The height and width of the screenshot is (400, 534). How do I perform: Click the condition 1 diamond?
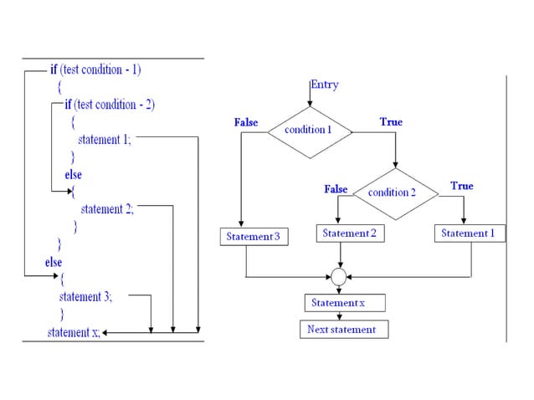pyautogui.click(x=308, y=131)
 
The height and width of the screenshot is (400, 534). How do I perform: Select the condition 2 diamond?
pyautogui.click(x=393, y=192)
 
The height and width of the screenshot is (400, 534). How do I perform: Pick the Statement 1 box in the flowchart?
pyautogui.click(x=469, y=233)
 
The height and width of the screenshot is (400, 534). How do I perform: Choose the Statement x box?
pyautogui.click(x=338, y=302)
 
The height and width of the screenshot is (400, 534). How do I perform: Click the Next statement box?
pyautogui.click(x=342, y=330)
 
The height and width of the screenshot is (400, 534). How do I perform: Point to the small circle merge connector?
pyautogui.click(x=338, y=275)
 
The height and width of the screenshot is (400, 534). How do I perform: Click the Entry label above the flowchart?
pyautogui.click(x=325, y=85)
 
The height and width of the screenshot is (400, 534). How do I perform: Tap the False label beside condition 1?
pyautogui.click(x=246, y=122)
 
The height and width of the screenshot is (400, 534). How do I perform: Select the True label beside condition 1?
pyautogui.click(x=391, y=122)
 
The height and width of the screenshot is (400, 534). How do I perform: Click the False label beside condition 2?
pyautogui.click(x=336, y=190)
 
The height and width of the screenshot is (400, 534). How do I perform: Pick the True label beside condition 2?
pyautogui.click(x=461, y=186)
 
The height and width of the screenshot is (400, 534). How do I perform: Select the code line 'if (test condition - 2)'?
pyautogui.click(x=110, y=105)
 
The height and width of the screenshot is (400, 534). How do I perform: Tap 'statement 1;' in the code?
pyautogui.click(x=104, y=140)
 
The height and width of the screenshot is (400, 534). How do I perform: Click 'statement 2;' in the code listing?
pyautogui.click(x=106, y=209)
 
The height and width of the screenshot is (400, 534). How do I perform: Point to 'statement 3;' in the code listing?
pyautogui.click(x=85, y=296)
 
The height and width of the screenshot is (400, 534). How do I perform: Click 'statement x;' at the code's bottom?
pyautogui.click(x=73, y=332)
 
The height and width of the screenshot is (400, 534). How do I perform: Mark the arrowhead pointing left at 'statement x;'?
pyautogui.click(x=106, y=332)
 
